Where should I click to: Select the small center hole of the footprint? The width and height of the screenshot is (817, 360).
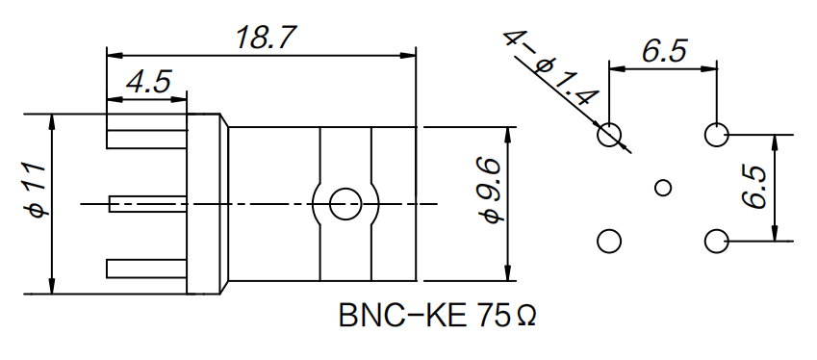pos(663,187)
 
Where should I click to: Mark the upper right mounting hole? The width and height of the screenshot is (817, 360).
pos(717,134)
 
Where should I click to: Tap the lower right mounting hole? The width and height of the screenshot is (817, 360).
pos(717,241)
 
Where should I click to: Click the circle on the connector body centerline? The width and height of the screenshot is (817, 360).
pos(344,203)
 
